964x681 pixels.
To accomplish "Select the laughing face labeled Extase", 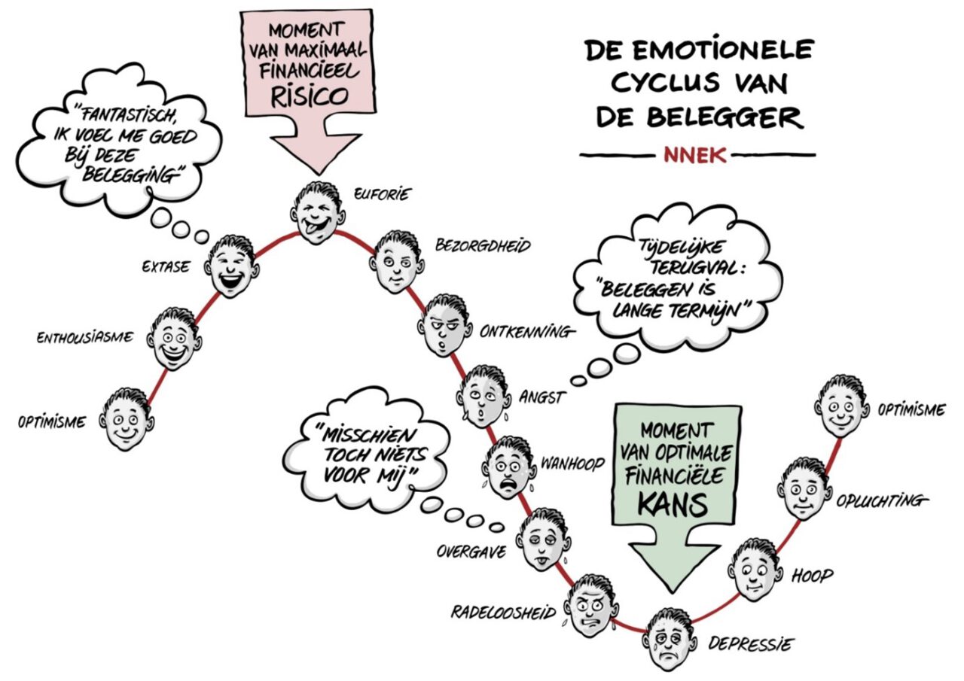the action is [x=232, y=266].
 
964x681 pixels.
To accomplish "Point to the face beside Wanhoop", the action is [x=511, y=468].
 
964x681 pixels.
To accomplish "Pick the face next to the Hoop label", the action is [x=755, y=570].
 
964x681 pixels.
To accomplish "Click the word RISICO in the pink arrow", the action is [x=310, y=97].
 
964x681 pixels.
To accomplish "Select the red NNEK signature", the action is [x=695, y=155].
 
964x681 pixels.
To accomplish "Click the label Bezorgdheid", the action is [x=483, y=246].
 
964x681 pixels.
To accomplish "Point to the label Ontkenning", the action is [x=526, y=333].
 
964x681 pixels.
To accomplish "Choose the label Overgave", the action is [x=471, y=552].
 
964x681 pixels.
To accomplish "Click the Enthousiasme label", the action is [x=85, y=338].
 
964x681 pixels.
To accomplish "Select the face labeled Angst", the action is [x=484, y=396].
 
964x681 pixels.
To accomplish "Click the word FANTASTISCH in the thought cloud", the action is [x=127, y=114].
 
